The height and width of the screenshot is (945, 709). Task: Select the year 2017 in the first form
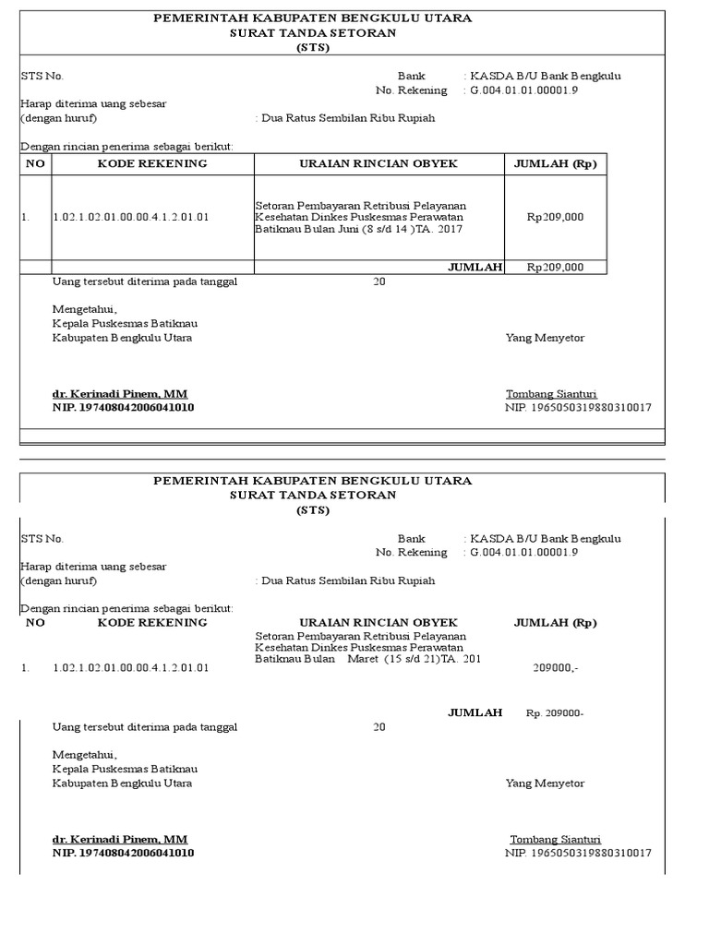[x=451, y=229]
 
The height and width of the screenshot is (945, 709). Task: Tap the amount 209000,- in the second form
[x=556, y=667]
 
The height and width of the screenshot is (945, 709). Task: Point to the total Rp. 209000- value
[x=555, y=713]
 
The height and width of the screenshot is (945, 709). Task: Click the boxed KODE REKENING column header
[x=152, y=163]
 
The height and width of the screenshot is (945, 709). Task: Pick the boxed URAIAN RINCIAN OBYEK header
[x=379, y=163]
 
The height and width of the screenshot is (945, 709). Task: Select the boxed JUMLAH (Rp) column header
[x=555, y=163]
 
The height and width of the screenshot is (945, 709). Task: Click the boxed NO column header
[x=36, y=163]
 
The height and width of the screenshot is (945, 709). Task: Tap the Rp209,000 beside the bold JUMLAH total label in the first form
[x=555, y=268]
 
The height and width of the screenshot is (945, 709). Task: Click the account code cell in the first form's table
[x=130, y=218]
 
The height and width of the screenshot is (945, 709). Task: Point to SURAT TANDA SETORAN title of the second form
[x=313, y=495]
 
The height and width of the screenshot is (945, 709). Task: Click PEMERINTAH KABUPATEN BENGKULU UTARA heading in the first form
[x=312, y=18]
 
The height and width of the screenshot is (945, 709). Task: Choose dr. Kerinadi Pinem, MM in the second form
[x=120, y=839]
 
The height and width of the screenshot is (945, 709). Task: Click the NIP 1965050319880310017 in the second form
[x=578, y=853]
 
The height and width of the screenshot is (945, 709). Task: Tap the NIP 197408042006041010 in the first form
[x=123, y=407]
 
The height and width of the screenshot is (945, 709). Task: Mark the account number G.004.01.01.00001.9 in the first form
[x=524, y=90]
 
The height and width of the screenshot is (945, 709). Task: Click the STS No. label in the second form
[x=42, y=538]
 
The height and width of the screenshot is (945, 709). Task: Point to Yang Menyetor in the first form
[x=545, y=338]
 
